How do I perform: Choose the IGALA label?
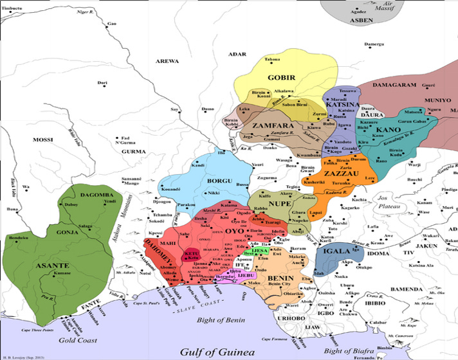[337, 252]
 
